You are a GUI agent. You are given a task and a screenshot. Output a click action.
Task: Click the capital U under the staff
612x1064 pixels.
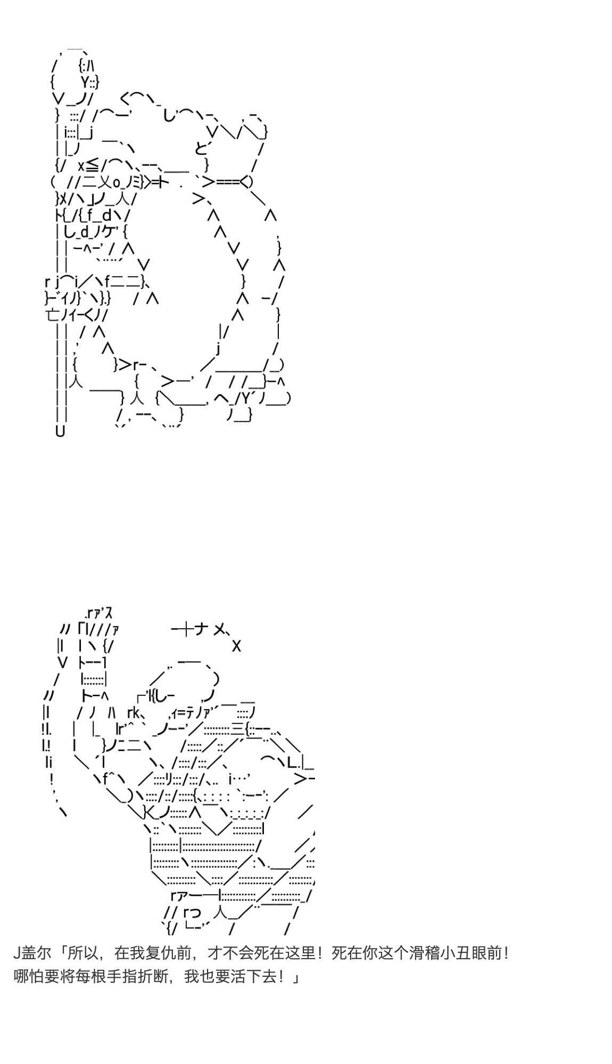60,431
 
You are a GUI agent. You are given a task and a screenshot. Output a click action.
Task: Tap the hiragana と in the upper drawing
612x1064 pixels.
201,148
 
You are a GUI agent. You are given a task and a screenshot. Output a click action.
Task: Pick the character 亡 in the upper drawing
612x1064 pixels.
54,315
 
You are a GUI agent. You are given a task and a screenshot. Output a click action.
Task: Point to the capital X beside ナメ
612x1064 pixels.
237,646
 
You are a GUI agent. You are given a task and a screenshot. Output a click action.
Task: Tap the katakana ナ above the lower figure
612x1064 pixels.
201,630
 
